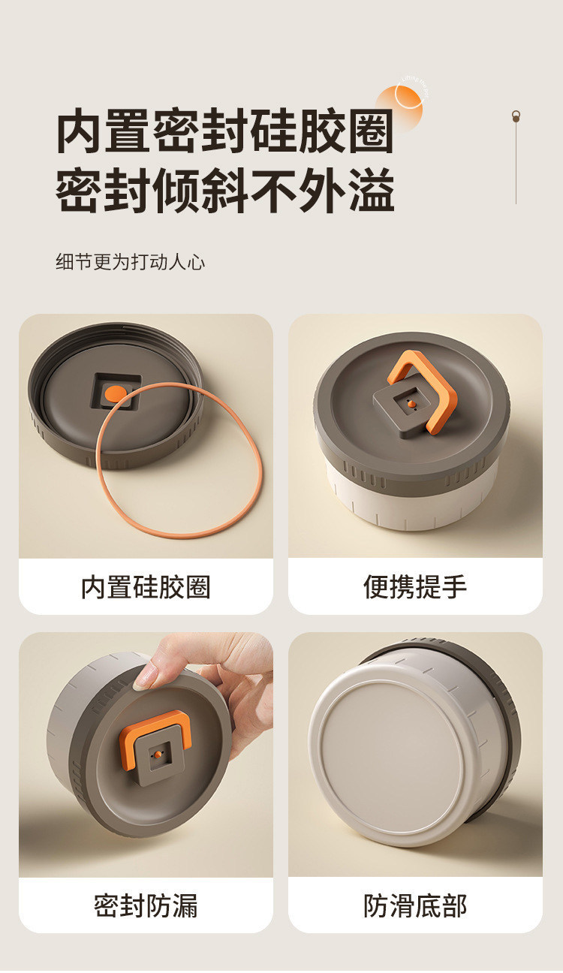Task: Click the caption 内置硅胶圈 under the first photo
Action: coord(146,587)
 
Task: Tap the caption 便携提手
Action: coord(415,587)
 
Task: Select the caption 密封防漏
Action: coord(146,905)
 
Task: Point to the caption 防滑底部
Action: coord(415,905)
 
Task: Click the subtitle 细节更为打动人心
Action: coord(131,262)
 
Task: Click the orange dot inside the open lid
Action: coord(116,393)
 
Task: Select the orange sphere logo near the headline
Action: coord(399,107)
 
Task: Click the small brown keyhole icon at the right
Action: coord(516,116)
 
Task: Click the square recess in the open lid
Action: coord(116,391)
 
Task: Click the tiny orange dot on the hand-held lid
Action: coord(158,755)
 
